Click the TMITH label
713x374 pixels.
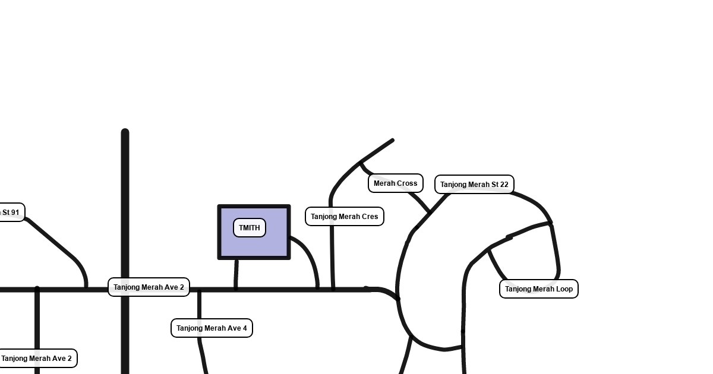coord(250,228)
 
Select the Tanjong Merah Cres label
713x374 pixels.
coord(345,217)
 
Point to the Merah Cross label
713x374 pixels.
coord(395,183)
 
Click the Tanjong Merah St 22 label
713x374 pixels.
coord(474,185)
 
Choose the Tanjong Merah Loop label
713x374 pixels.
coord(539,289)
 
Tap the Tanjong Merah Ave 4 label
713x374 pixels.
coord(212,328)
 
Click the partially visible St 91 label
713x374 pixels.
coord(11,213)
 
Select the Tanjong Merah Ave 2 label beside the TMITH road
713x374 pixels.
coord(149,287)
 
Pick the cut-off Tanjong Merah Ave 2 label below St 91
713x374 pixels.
coord(37,359)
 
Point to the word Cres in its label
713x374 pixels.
coord(368,217)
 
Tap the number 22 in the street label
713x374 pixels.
coord(503,185)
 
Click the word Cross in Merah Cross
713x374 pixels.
coord(407,183)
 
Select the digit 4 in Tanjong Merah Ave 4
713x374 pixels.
coord(244,328)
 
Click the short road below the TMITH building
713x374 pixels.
coord(236,274)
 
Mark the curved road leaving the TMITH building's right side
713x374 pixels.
coord(310,255)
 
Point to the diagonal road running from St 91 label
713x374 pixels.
coord(53,240)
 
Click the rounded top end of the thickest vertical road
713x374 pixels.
coord(125,132)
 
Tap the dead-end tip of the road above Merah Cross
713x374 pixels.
coord(392,141)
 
